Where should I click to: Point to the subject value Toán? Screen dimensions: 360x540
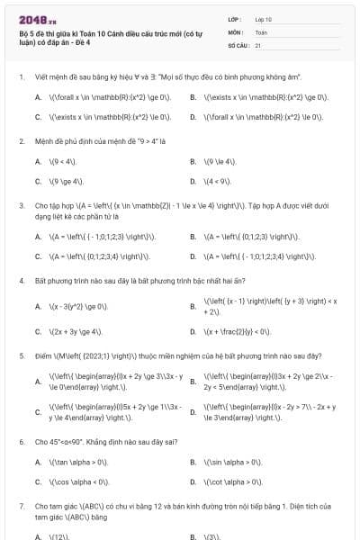point(261,31)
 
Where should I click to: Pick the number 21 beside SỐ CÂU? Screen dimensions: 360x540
point(258,44)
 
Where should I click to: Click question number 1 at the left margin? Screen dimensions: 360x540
point(21,77)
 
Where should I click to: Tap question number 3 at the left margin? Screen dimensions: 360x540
point(21,205)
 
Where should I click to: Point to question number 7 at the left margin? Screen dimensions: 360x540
point(21,506)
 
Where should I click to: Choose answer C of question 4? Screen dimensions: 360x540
point(76,331)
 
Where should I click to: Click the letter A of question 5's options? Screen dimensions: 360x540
point(38,381)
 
